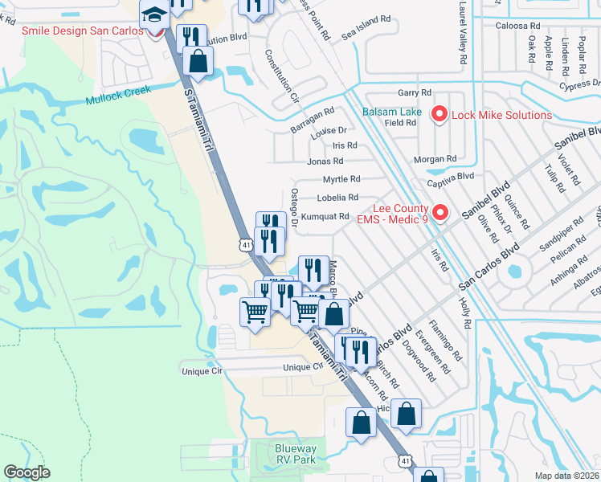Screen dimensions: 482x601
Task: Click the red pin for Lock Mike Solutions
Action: pyautogui.click(x=439, y=115)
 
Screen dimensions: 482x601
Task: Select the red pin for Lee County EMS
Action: pyautogui.click(x=439, y=214)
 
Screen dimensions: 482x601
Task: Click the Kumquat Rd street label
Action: pyautogui.click(x=326, y=216)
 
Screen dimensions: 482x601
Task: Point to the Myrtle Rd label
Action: pyautogui.click(x=341, y=179)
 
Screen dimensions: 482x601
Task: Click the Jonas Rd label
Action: pyautogui.click(x=325, y=161)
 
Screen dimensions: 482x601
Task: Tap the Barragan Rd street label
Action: pyautogui.click(x=313, y=120)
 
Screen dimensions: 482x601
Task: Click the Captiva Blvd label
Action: pyautogui.click(x=451, y=176)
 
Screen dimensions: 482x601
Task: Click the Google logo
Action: pyautogui.click(x=27, y=472)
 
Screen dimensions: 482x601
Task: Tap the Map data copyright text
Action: pyautogui.click(x=567, y=476)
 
